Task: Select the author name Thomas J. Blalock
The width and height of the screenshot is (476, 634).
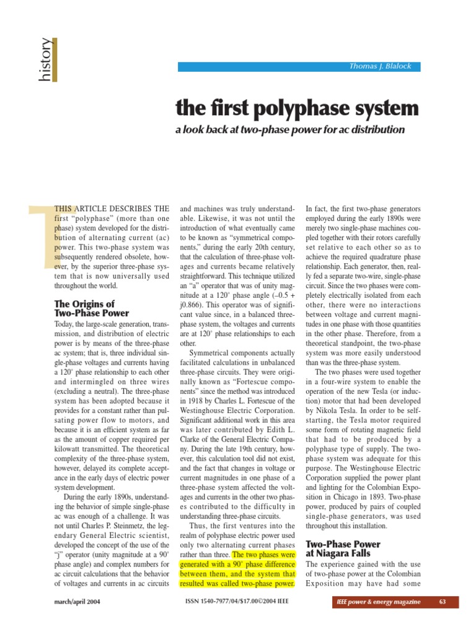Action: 381,67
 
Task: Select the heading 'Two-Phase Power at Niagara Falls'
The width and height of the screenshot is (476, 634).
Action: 343,549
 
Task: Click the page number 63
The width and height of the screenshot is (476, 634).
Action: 443,602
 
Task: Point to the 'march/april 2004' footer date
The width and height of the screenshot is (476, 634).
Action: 77,602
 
